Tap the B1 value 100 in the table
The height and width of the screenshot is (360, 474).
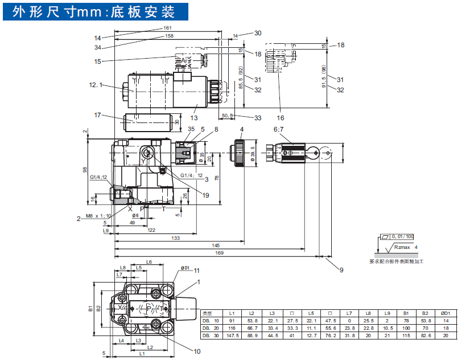pos(406,329)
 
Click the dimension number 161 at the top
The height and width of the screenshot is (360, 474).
pos(167,27)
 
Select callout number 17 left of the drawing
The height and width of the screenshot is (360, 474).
pos(97,115)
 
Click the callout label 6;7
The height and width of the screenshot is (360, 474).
pos(278,129)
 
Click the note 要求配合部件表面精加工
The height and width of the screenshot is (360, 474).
pos(397,261)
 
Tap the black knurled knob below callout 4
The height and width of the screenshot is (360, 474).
pos(238,152)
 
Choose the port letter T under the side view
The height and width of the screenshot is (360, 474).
pos(164,208)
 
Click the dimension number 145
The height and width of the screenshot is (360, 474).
pos(216,246)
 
